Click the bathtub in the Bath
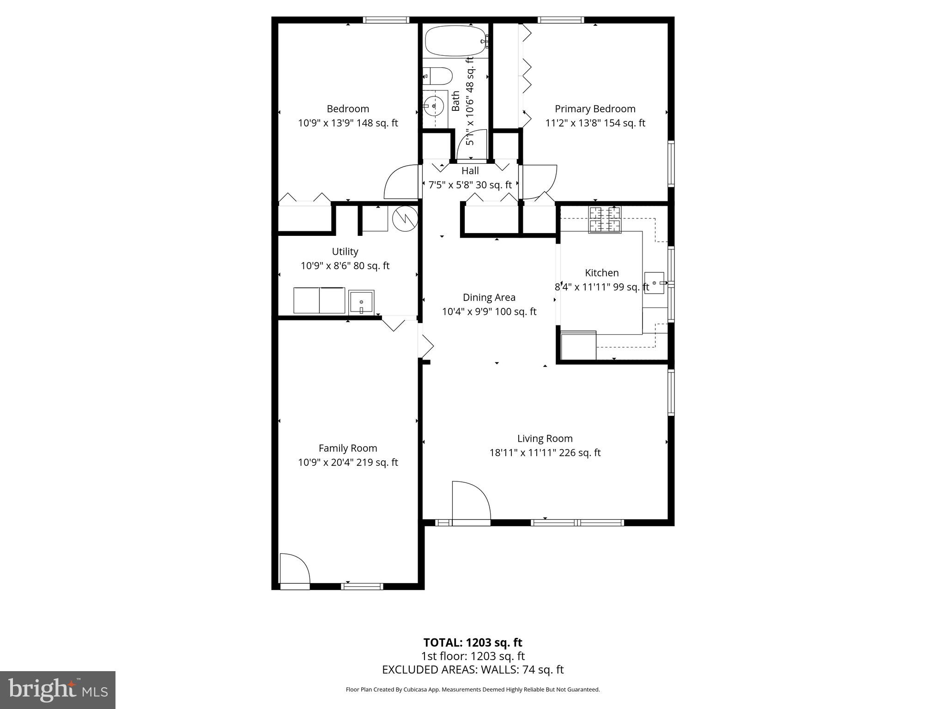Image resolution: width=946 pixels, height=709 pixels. (455, 41)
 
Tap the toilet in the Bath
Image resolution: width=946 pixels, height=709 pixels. (437, 76)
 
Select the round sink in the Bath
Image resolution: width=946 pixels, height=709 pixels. (433, 107)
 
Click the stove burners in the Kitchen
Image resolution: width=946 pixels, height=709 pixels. (604, 220)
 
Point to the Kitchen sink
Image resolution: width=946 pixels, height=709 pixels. (654, 282)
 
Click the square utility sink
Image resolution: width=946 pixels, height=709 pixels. (361, 302)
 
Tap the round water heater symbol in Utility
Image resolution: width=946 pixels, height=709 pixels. (405, 218)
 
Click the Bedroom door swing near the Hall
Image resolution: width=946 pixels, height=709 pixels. (402, 182)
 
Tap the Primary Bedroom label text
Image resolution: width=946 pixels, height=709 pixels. (595, 109)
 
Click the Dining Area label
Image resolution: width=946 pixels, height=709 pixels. (489, 298)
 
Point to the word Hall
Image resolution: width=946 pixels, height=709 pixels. (470, 171)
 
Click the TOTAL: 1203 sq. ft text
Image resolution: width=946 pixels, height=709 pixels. (473, 643)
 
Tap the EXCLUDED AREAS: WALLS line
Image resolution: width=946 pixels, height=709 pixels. (473, 670)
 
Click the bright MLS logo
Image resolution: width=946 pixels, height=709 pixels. (58, 690)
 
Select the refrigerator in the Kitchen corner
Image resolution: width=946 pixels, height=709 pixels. (578, 345)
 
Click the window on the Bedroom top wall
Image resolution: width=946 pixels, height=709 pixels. (386, 20)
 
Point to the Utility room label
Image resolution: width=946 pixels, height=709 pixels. (345, 252)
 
